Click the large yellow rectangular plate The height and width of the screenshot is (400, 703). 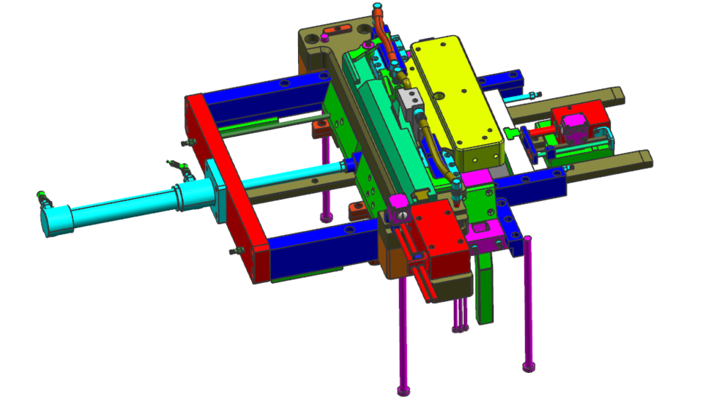point(454,95)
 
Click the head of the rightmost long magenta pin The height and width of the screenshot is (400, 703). point(528,364)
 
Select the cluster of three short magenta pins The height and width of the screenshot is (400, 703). point(459,314)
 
